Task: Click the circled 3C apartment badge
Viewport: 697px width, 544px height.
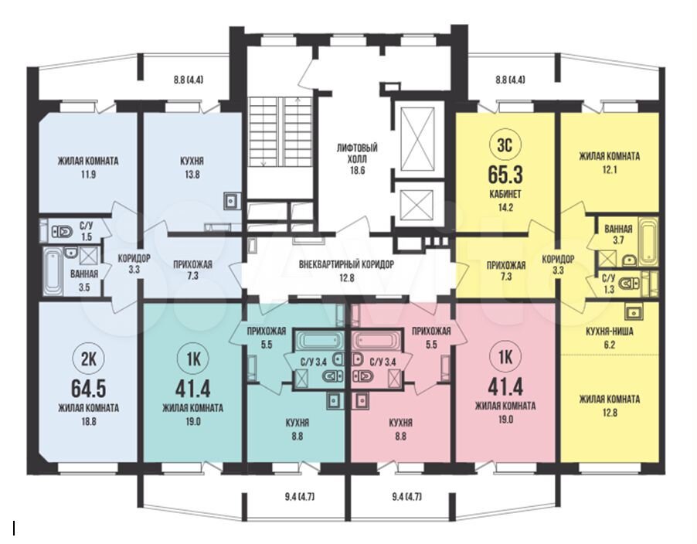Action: [x=505, y=145]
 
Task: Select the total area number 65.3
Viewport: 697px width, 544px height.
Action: [x=505, y=174]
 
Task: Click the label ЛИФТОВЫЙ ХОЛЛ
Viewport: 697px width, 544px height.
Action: [x=357, y=153]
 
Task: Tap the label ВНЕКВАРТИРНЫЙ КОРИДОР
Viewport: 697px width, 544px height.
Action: [x=346, y=264]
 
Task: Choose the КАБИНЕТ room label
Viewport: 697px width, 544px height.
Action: [x=506, y=194]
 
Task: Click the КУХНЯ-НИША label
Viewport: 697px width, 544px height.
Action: [x=610, y=331]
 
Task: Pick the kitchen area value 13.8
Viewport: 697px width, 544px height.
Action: [x=192, y=174]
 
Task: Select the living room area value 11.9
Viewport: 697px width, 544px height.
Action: [x=88, y=174]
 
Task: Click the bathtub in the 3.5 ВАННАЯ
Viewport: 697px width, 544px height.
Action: [x=53, y=270]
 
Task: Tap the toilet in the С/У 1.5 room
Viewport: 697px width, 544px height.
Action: [x=63, y=232]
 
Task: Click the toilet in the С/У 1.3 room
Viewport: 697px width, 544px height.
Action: [x=631, y=283]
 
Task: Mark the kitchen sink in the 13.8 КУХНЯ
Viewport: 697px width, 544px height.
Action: [x=232, y=200]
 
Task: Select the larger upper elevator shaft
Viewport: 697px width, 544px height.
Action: [x=417, y=139]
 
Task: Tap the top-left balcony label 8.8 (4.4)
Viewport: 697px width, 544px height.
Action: [x=188, y=80]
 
